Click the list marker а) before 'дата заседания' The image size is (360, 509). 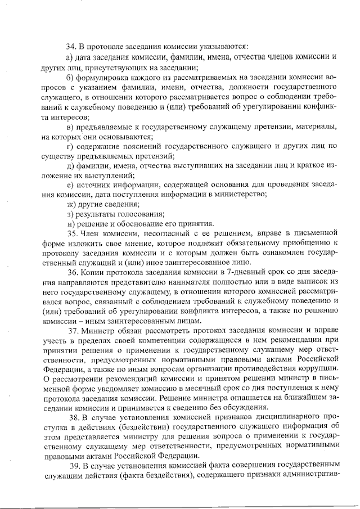tap(70, 57)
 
